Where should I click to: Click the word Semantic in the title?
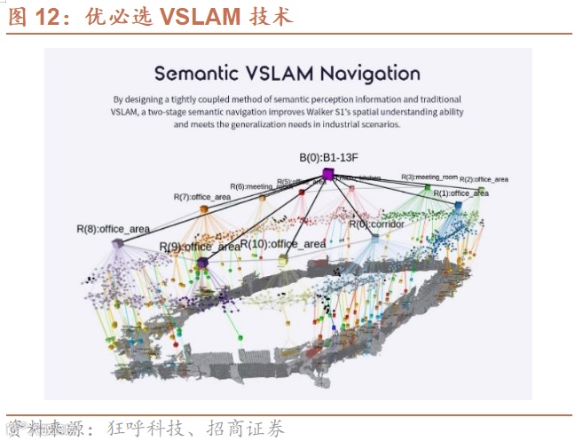[x=194, y=73]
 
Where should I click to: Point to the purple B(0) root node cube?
[x=327, y=175]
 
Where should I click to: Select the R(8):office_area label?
[x=113, y=229]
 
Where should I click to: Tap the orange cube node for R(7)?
[x=204, y=210]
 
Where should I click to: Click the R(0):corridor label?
[x=376, y=224]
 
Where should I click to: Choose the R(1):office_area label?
[x=461, y=193]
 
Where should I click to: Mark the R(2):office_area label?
[x=484, y=179]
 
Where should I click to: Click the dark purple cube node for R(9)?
[x=203, y=263]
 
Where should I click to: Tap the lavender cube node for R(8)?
[x=117, y=243]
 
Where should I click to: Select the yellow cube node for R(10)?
[x=283, y=260]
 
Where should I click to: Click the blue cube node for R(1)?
[x=458, y=206]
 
